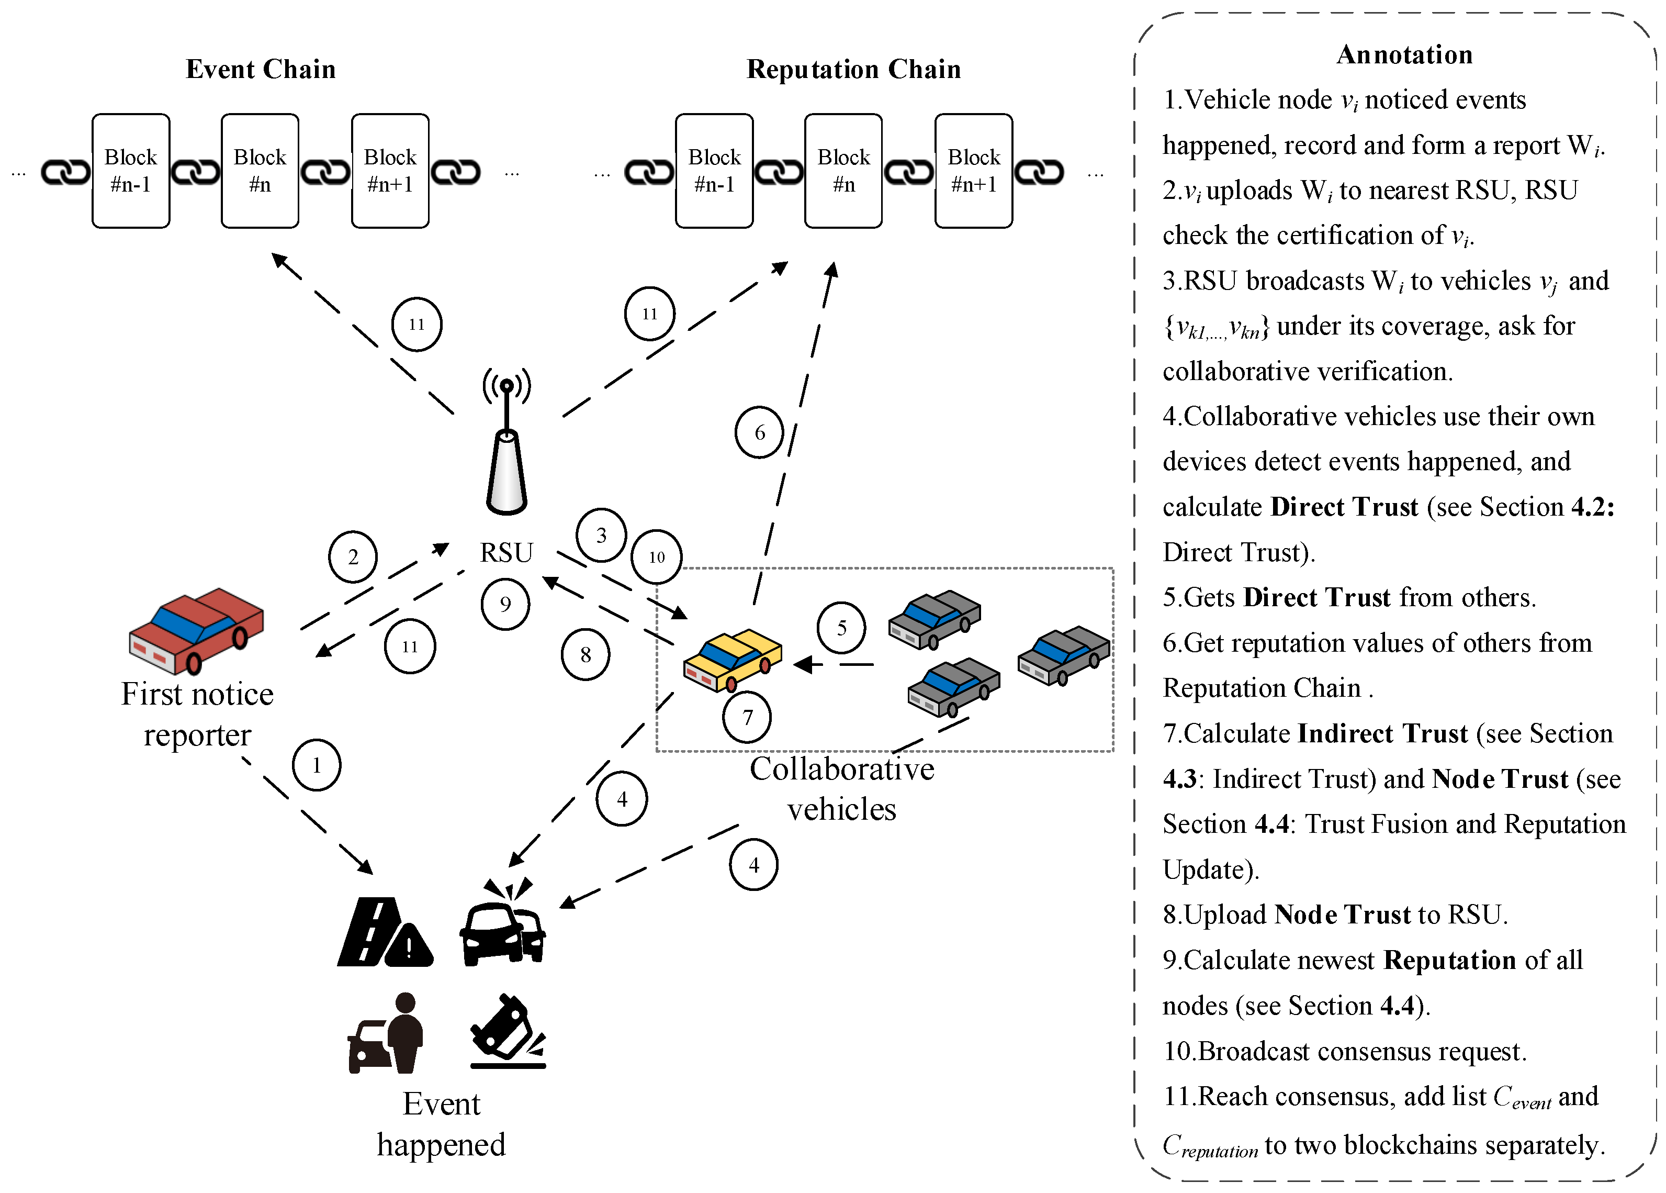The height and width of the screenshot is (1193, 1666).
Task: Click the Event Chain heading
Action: tap(261, 69)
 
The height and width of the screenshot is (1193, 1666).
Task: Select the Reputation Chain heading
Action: tap(853, 69)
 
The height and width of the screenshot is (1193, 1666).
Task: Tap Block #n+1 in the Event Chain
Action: tap(390, 171)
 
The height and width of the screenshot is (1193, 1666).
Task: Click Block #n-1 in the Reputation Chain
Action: tap(714, 171)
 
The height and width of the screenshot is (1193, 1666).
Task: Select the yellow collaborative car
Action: tap(732, 659)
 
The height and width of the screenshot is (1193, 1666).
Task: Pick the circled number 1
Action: tap(317, 765)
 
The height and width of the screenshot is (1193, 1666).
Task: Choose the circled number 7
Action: tap(748, 717)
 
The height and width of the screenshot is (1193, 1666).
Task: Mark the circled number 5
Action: tap(841, 628)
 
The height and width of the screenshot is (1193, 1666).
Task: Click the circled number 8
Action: tap(585, 654)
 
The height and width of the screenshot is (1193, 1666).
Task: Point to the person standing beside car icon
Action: tap(386, 1033)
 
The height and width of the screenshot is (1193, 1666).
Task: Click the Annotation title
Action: tap(1404, 55)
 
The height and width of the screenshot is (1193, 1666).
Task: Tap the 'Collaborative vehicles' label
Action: tap(841, 789)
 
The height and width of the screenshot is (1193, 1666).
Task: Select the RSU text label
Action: tap(506, 552)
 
